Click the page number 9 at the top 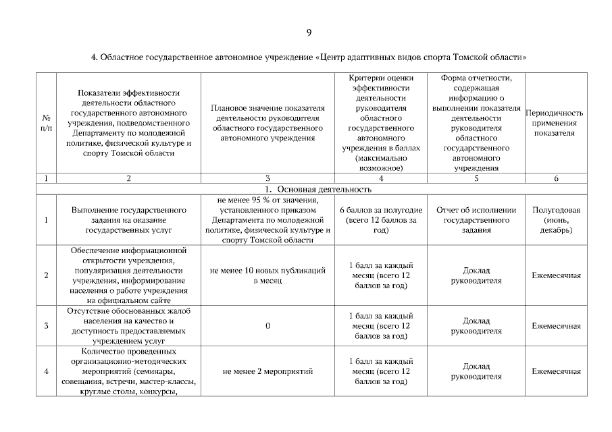point(308,32)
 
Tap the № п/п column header point(46,123)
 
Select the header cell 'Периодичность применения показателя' point(555,123)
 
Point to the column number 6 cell point(555,179)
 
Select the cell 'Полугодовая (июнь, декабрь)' point(555,220)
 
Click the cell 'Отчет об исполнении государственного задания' point(476,220)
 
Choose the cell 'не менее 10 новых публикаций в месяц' point(267,275)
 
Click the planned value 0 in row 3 point(267,326)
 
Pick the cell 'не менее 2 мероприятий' point(267,371)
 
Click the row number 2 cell point(46,275)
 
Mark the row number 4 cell point(46,371)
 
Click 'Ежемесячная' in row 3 point(555,326)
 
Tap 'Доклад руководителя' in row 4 point(476,371)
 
